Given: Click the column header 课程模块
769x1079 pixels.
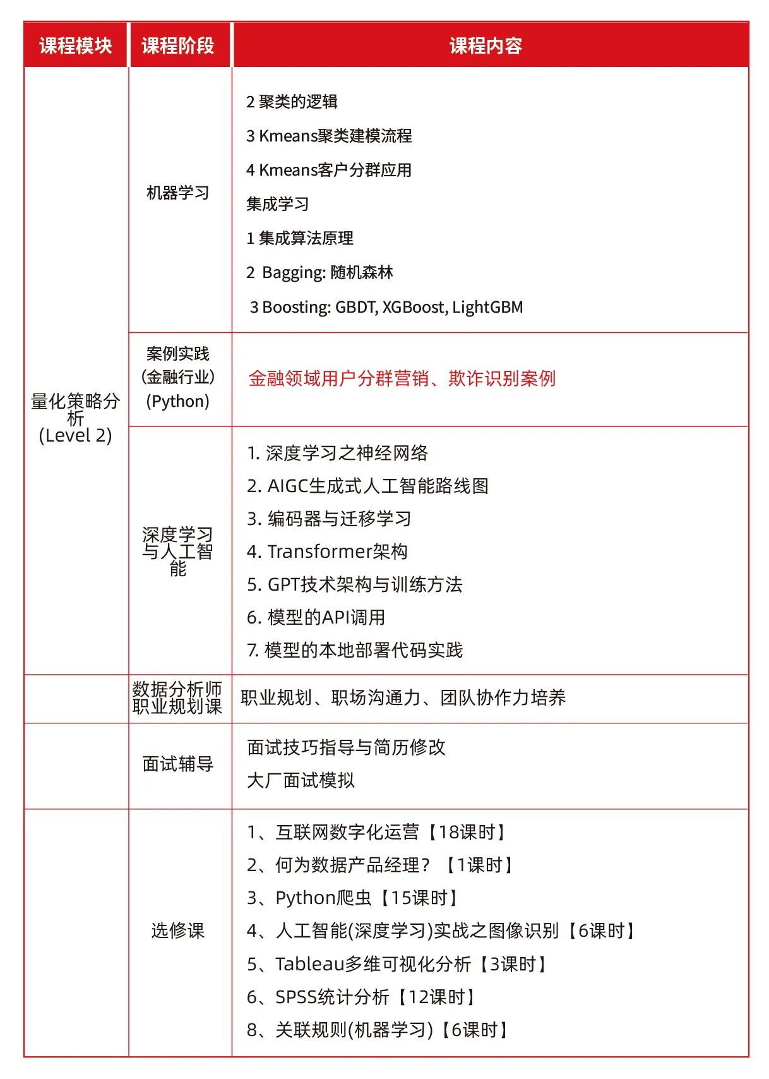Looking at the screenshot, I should (x=76, y=45).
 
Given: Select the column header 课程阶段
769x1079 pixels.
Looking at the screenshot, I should (x=178, y=45).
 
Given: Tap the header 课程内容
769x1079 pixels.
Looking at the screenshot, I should (x=486, y=45).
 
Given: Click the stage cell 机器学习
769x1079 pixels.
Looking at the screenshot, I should (x=178, y=193).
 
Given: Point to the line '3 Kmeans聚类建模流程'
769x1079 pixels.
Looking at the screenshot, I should (x=329, y=136).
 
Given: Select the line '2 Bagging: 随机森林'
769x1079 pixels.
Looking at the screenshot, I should (x=319, y=272).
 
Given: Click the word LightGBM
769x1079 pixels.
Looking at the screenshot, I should (x=487, y=307).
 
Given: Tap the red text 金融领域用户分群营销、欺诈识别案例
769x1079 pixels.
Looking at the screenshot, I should (x=402, y=378).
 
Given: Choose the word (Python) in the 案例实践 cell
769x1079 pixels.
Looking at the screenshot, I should (x=178, y=401).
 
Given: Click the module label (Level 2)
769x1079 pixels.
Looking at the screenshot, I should (x=75, y=435).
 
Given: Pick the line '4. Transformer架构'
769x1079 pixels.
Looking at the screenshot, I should (x=327, y=552).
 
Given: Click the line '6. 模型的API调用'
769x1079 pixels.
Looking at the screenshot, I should (x=316, y=617).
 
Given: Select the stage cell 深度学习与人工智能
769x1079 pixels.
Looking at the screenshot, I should (x=178, y=552).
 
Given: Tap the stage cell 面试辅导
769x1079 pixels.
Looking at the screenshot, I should (x=178, y=764).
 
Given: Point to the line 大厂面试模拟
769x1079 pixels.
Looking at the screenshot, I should (x=301, y=780).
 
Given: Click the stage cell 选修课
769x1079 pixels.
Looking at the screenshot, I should (x=178, y=931).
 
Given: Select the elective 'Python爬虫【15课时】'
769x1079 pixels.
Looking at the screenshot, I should (x=354, y=898).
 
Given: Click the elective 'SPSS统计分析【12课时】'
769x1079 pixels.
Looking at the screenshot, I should (x=361, y=997).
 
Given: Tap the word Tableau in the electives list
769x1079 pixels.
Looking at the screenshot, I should (x=309, y=964).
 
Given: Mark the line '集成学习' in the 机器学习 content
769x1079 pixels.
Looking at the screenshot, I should (x=278, y=204).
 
